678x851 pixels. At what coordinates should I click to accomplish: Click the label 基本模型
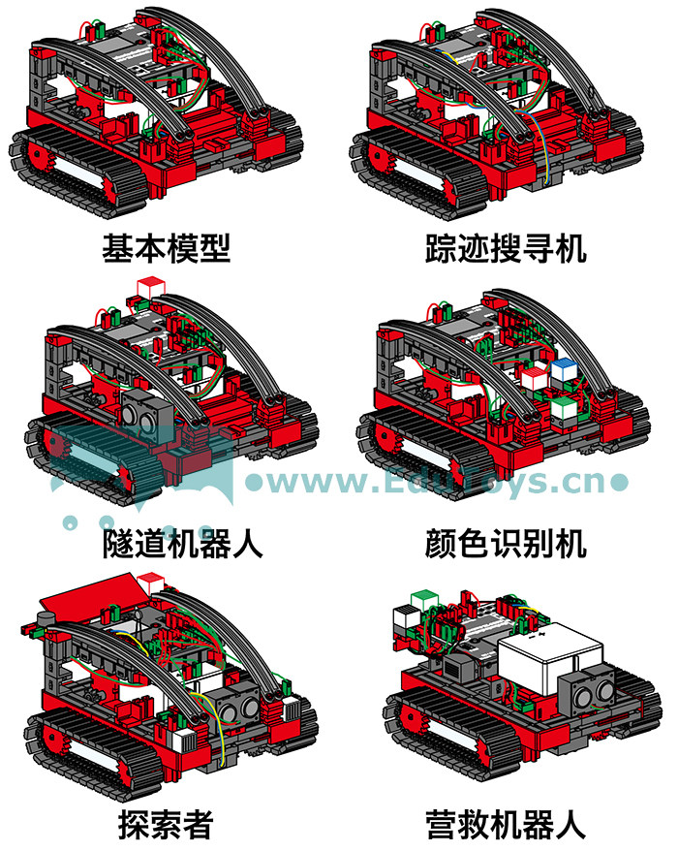pos(167,248)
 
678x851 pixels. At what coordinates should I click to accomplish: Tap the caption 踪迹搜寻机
pos(506,248)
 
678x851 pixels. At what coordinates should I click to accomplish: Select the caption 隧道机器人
pos(183,544)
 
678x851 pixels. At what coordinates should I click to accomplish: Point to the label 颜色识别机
pos(506,544)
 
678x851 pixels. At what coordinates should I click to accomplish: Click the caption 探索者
pos(166,825)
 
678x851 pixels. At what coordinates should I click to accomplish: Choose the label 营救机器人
pos(506,825)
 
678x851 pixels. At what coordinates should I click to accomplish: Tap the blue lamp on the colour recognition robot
pos(563,370)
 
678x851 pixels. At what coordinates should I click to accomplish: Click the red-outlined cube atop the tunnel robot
pos(150,288)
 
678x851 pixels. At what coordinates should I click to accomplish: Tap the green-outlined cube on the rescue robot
pos(424,601)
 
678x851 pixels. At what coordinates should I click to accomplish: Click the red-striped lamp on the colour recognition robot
pos(533,378)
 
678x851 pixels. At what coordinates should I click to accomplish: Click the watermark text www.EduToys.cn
pos(437,482)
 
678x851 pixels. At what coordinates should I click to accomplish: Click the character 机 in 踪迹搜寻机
pos(570,248)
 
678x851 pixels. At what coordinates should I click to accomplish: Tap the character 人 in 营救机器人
pos(570,825)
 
